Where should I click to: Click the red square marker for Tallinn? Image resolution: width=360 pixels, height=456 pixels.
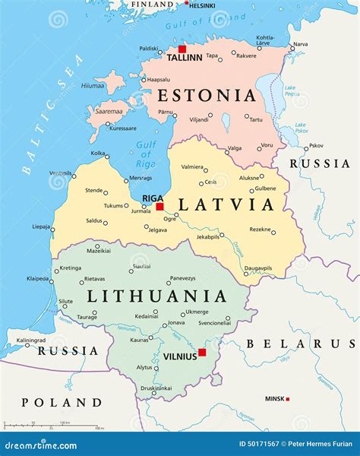pyautogui.click(x=182, y=49)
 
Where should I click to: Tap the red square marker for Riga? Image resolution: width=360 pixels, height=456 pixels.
pyautogui.click(x=159, y=206)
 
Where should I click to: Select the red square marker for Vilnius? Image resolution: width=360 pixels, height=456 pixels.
pyautogui.click(x=202, y=353)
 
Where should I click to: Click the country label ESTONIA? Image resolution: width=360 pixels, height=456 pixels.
pyautogui.click(x=207, y=96)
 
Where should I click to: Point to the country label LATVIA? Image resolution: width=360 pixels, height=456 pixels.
pyautogui.click(x=226, y=204)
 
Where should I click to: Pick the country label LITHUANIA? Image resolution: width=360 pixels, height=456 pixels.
pyautogui.click(x=156, y=296)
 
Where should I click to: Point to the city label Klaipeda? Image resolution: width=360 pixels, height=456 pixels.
pyautogui.click(x=38, y=279)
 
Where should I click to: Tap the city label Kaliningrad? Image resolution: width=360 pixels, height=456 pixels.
pyautogui.click(x=32, y=340)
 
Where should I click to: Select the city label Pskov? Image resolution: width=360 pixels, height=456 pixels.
pyautogui.click(x=316, y=146)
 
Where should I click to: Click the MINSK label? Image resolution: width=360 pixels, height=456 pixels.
pyautogui.click(x=275, y=398)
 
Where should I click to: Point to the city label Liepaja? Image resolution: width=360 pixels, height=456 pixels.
pyautogui.click(x=43, y=226)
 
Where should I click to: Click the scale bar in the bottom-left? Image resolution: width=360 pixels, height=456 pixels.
pyautogui.click(x=49, y=426)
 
